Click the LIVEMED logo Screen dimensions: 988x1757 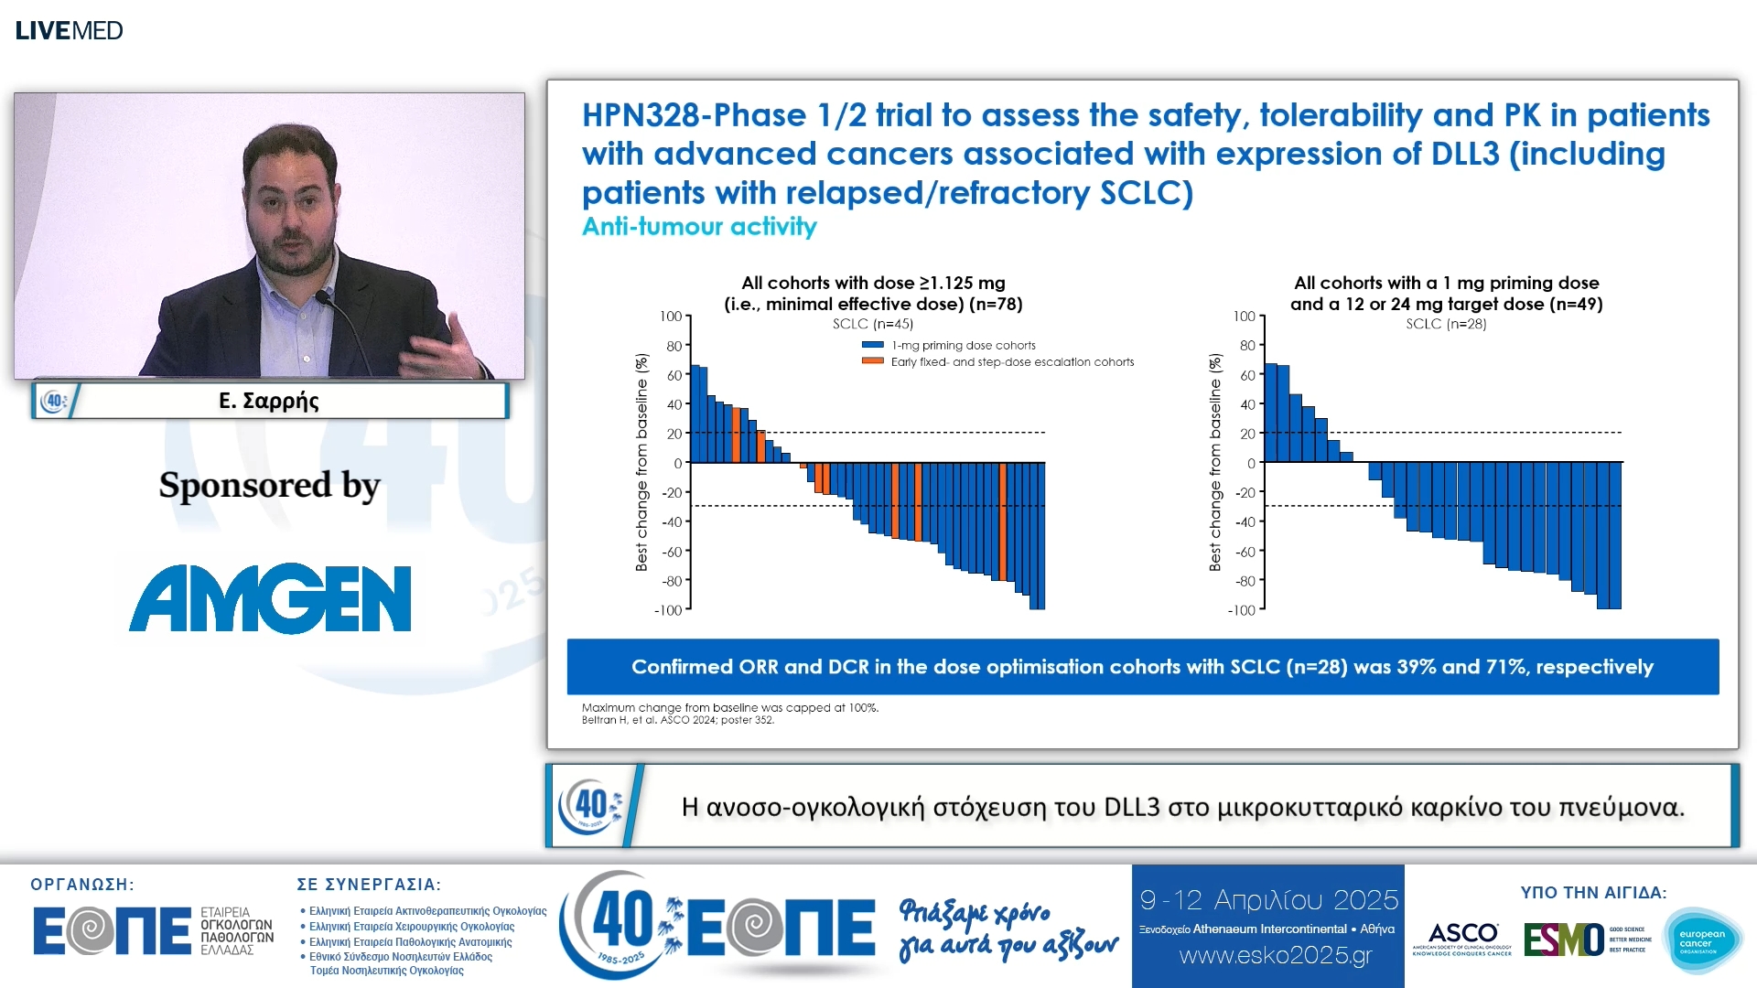(x=69, y=30)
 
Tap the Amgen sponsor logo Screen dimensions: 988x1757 (x=270, y=598)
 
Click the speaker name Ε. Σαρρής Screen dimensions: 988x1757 (x=268, y=401)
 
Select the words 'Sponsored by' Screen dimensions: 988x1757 (x=269, y=485)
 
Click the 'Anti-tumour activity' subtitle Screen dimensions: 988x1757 (x=699, y=226)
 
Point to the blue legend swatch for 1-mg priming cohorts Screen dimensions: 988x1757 (x=872, y=345)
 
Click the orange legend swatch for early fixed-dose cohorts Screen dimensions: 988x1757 (x=872, y=361)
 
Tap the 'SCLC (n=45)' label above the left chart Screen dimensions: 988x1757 (x=872, y=324)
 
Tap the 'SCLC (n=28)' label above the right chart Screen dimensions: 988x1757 (x=1446, y=324)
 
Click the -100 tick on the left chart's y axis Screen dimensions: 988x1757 (x=668, y=610)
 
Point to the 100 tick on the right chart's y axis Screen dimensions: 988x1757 (x=1244, y=317)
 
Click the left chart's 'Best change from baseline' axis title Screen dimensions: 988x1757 (x=641, y=462)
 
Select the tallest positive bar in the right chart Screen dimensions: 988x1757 (x=1270, y=413)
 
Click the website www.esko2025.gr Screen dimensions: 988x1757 (x=1276, y=956)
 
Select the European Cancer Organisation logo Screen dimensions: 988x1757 (x=1702, y=940)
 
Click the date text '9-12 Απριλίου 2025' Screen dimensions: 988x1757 (x=1268, y=900)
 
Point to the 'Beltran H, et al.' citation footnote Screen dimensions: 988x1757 (x=677, y=720)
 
